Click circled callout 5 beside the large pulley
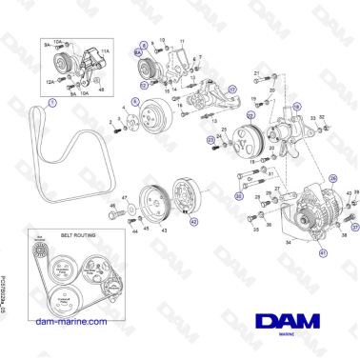coord(135,100)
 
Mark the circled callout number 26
coord(333,177)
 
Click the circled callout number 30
coord(238,196)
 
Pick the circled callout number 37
coord(355,228)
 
